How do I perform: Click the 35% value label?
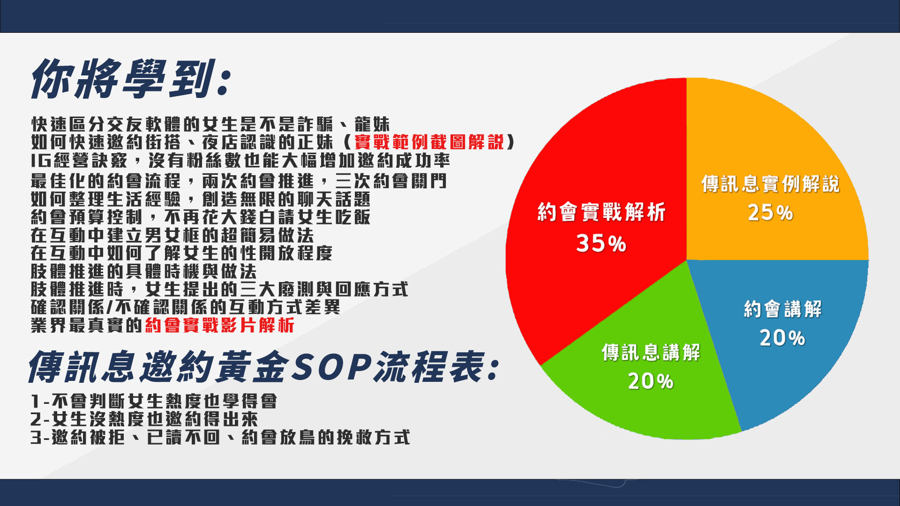[x=601, y=244]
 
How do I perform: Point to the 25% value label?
[x=770, y=212]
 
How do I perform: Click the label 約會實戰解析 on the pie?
[x=601, y=212]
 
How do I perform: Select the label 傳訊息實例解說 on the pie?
[x=770, y=184]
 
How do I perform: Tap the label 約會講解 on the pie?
[x=782, y=309]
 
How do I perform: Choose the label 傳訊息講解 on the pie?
[x=651, y=352]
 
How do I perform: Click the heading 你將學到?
[x=131, y=78]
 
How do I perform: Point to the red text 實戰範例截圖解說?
[x=429, y=142]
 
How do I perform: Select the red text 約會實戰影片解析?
[x=220, y=325]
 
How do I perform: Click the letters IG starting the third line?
[x=41, y=161]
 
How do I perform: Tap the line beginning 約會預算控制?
[x=201, y=217]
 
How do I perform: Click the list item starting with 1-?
[x=154, y=401]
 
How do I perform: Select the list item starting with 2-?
[x=144, y=419]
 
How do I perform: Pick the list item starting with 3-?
[x=220, y=437]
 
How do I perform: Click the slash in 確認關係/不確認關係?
[x=109, y=307]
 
